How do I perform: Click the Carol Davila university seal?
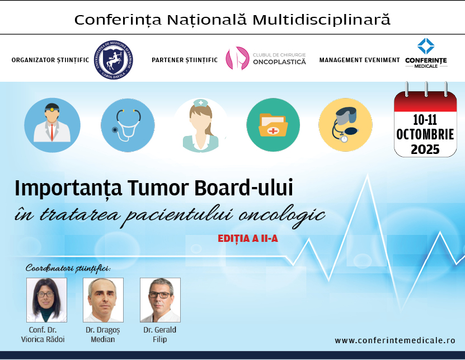[x=114, y=60]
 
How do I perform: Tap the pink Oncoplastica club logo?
[x=237, y=58]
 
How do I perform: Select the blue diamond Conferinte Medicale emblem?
[x=426, y=46]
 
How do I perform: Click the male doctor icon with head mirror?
[x=52, y=125]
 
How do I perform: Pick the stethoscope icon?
[x=128, y=125]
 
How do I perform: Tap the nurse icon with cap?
[x=201, y=125]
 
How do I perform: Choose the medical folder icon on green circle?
[x=273, y=125]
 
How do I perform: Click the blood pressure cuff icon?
[x=345, y=125]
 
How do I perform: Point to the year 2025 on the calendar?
[x=425, y=149]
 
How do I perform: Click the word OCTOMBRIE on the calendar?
[x=425, y=134]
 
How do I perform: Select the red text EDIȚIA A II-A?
[x=248, y=239]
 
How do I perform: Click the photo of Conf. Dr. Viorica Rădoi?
[x=46, y=300]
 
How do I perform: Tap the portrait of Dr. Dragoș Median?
[x=103, y=300]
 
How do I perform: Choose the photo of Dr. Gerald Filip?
[x=160, y=300]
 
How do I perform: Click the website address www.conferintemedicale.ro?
[x=395, y=340]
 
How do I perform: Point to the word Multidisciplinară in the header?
[x=321, y=20]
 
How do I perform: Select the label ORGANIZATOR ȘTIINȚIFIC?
[x=50, y=60]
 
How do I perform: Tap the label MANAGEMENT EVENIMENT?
[x=360, y=60]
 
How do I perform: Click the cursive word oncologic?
[x=282, y=216]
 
